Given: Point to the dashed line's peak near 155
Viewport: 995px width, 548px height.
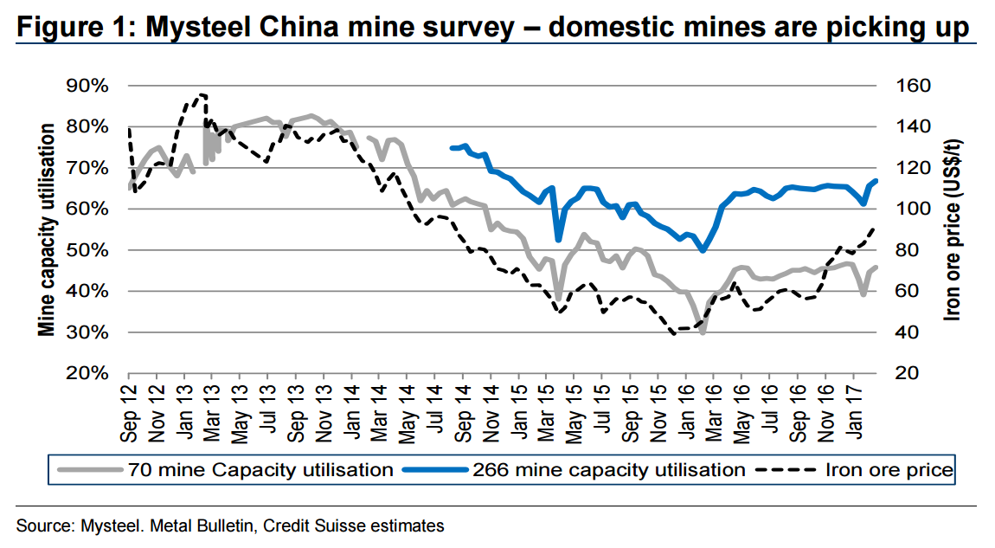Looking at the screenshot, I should pyautogui.click(x=202, y=94).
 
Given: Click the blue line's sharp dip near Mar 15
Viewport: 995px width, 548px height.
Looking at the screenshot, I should pyautogui.click(x=558, y=240).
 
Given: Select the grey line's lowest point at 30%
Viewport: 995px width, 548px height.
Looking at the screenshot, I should pyautogui.click(x=703, y=332).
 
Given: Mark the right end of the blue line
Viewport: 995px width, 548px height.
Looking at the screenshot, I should pyautogui.click(x=876, y=181).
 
